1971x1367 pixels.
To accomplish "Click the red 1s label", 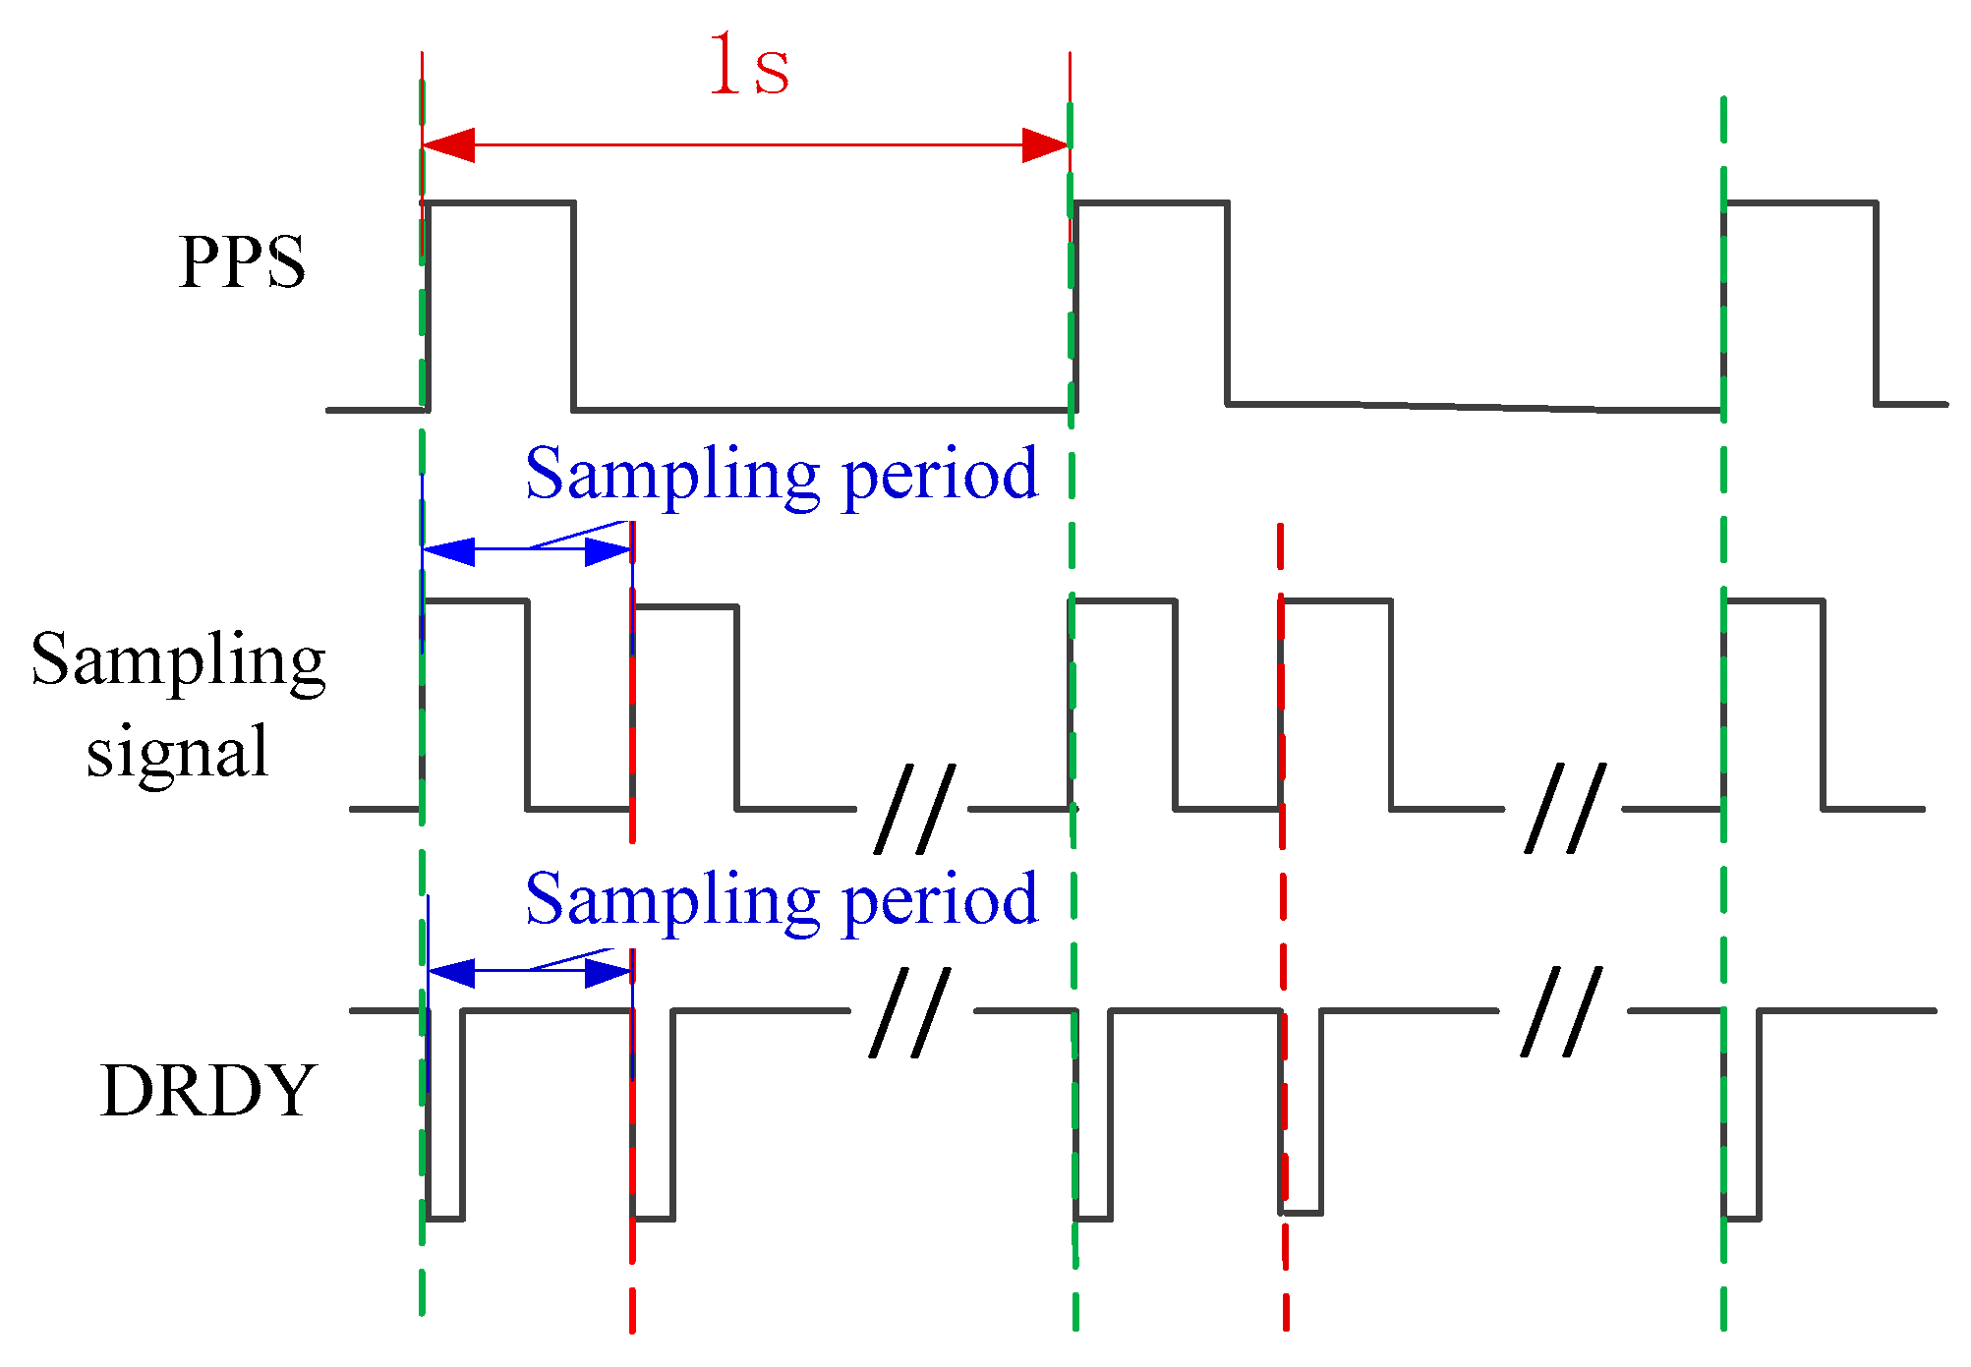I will [749, 67].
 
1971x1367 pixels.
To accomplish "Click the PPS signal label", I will [242, 262].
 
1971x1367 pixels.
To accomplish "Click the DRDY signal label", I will [208, 1091].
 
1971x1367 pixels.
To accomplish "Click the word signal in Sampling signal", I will [177, 751].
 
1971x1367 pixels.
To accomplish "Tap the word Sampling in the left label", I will [178, 660].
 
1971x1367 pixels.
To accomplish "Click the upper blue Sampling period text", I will [782, 475].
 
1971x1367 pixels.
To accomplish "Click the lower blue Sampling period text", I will [782, 899].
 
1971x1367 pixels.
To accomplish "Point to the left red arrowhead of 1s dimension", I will [448, 145].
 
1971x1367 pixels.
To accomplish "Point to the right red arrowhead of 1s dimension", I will [1045, 145].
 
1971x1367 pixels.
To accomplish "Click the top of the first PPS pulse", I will [499, 202].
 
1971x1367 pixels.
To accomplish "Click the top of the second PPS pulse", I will [1151, 202].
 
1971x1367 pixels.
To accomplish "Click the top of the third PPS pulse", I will [1800, 202].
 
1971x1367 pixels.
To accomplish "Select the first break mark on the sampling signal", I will [915, 808].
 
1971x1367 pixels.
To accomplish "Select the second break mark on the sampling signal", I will [1565, 808].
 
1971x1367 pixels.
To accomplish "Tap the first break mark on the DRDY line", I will [910, 1012].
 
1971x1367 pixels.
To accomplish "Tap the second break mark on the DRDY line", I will [1561, 1012].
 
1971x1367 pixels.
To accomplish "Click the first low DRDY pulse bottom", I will [445, 1219].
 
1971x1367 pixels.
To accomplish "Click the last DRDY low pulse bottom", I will [1742, 1219].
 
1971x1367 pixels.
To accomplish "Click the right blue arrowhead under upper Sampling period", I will [608, 551].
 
